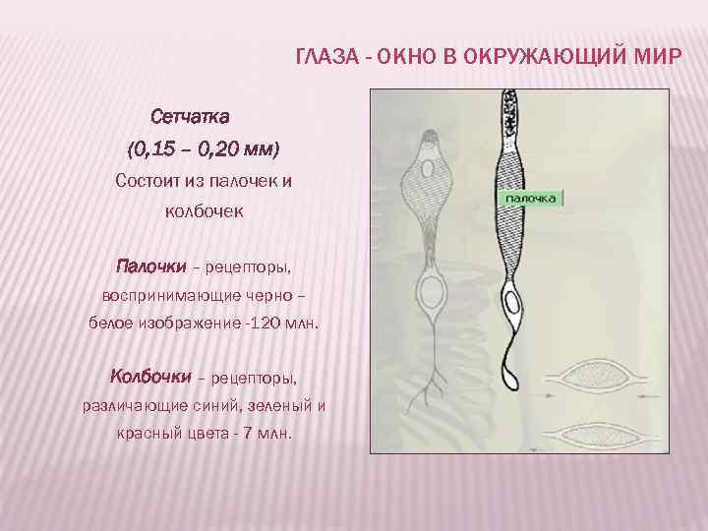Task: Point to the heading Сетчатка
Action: pos(190,117)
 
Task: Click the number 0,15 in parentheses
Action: pos(153,149)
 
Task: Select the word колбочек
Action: pos(204,211)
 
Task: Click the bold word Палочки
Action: pos(148,266)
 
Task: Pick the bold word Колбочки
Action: pos(150,377)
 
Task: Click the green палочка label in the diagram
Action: pos(532,199)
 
